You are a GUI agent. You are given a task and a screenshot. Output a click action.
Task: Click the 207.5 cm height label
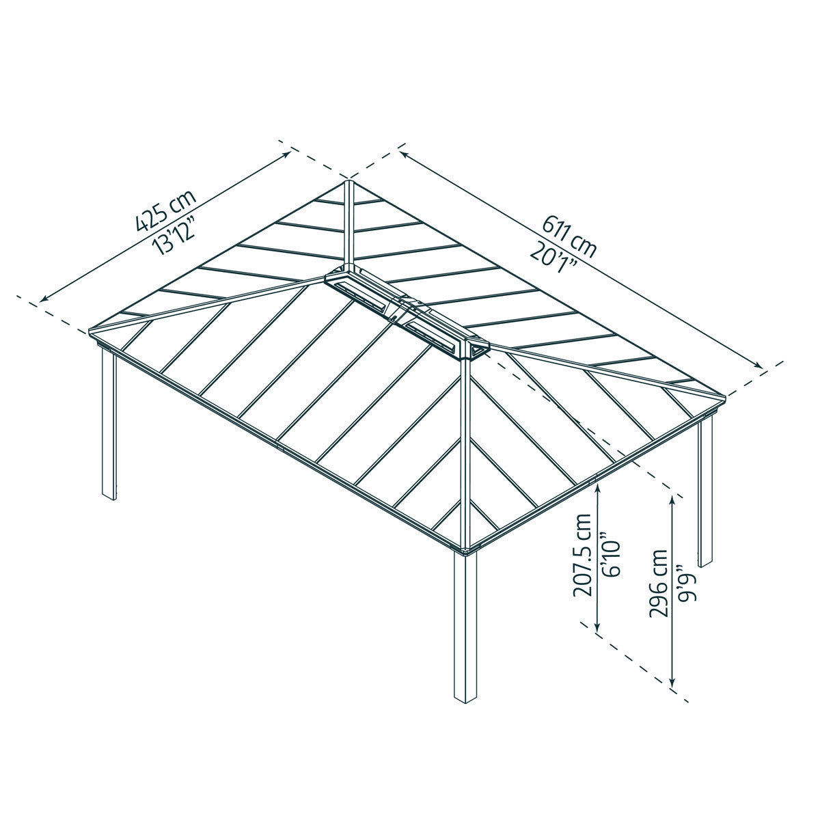pos(583,555)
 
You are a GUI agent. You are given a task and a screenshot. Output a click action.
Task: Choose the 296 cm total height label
pos(657,582)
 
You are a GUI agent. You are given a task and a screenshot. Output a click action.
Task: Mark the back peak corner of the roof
pos(348,181)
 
